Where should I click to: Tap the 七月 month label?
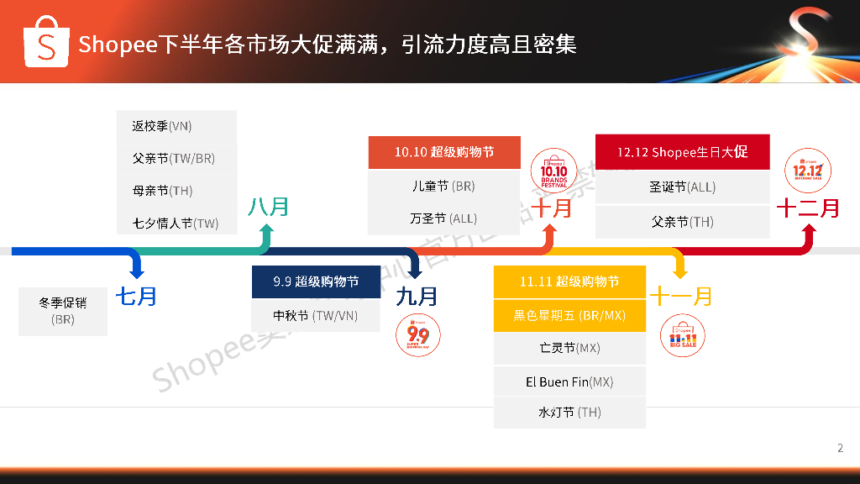136,296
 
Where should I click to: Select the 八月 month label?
268,206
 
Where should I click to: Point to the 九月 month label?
417,296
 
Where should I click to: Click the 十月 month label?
552,207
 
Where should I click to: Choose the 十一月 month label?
680,296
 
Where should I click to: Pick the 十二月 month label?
807,208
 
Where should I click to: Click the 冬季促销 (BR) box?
63,311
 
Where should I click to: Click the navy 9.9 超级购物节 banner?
316,281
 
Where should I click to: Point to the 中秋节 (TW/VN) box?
316,316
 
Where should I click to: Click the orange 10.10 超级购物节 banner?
444,152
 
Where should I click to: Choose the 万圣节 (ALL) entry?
443,218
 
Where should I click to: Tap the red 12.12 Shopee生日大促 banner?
682,152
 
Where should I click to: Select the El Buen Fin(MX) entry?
569,381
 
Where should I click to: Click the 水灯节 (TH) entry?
569,413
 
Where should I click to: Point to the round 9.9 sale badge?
418,334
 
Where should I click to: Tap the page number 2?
840,448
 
